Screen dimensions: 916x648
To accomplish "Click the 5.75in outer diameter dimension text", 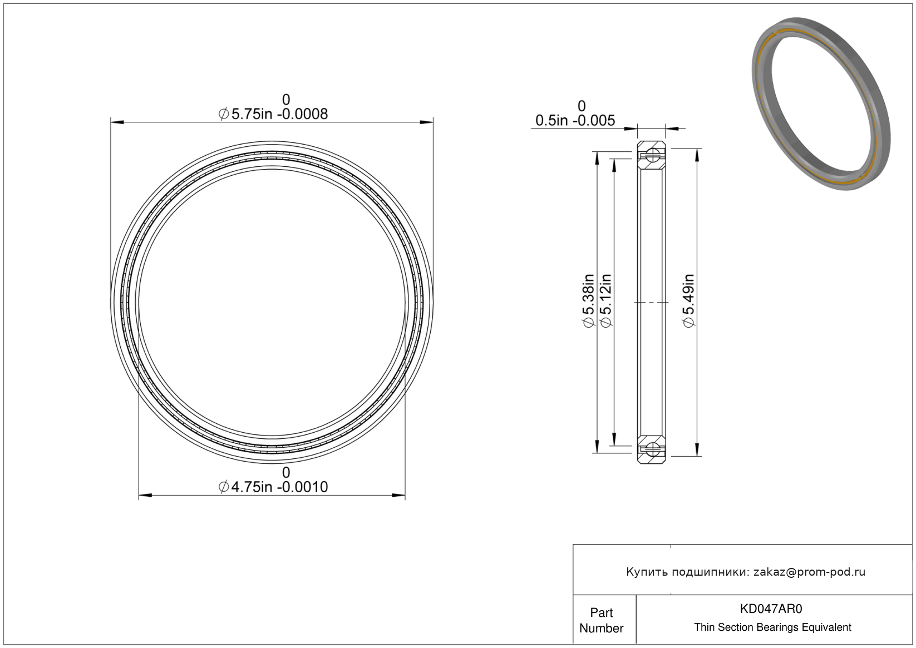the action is (273, 114).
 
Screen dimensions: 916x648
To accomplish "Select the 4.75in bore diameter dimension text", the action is (273, 487).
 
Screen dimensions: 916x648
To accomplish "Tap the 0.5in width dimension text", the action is (575, 121).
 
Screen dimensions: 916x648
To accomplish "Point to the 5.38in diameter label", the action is (588, 301).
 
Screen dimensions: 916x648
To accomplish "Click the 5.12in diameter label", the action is (605, 301).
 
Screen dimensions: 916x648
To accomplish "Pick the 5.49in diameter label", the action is (688, 301).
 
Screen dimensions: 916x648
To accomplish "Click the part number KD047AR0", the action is (771, 609).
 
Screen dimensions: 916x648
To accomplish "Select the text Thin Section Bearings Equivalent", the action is (772, 627).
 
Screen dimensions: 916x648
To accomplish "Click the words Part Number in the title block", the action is (601, 620).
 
